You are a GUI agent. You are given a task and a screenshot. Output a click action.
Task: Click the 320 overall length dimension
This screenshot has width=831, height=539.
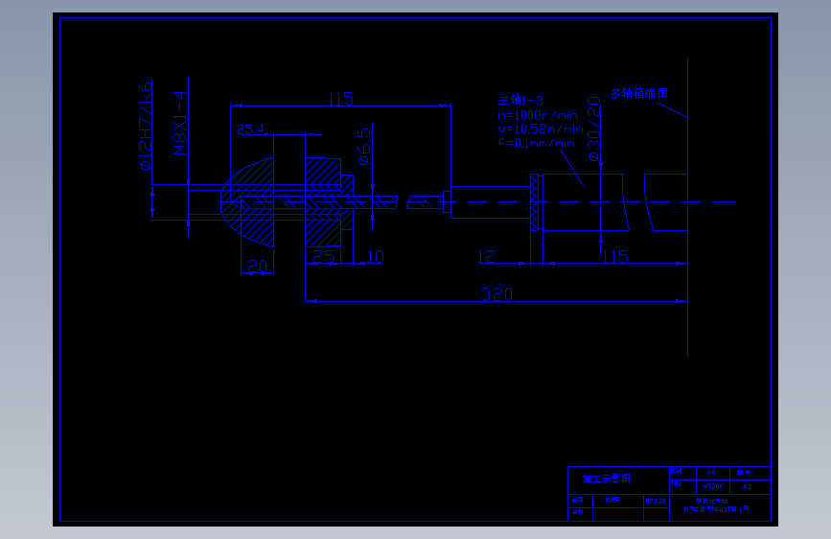point(496,293)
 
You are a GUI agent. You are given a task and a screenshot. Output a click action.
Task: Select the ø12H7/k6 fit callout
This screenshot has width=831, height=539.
point(146,126)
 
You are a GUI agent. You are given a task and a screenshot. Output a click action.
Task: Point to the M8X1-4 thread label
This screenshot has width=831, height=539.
point(178,123)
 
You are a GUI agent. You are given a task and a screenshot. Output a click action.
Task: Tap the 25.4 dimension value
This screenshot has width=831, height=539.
point(250,129)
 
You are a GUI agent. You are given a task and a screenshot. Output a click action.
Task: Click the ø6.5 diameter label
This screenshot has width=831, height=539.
point(364,145)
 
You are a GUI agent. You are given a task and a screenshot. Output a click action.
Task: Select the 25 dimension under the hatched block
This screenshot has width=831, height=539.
point(323,257)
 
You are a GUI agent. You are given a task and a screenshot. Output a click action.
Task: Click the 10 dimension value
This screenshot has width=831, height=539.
point(375,257)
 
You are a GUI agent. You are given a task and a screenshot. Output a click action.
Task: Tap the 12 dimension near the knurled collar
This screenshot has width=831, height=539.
point(486,256)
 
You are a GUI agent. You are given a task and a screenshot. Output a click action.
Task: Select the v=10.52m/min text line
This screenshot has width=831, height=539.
point(539,129)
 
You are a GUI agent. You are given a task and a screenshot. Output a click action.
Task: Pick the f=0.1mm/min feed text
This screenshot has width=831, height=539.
point(537,143)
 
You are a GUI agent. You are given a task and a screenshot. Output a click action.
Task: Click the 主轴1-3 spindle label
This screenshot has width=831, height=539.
point(520,100)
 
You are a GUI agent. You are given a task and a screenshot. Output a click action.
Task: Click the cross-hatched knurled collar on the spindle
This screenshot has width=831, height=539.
point(536,202)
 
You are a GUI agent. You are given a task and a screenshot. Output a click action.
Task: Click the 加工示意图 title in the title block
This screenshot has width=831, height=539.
point(607,478)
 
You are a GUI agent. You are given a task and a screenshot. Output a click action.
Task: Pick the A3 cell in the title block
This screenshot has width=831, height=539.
point(748,487)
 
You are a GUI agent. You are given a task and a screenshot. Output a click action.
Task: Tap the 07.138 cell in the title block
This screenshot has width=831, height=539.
point(656,501)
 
